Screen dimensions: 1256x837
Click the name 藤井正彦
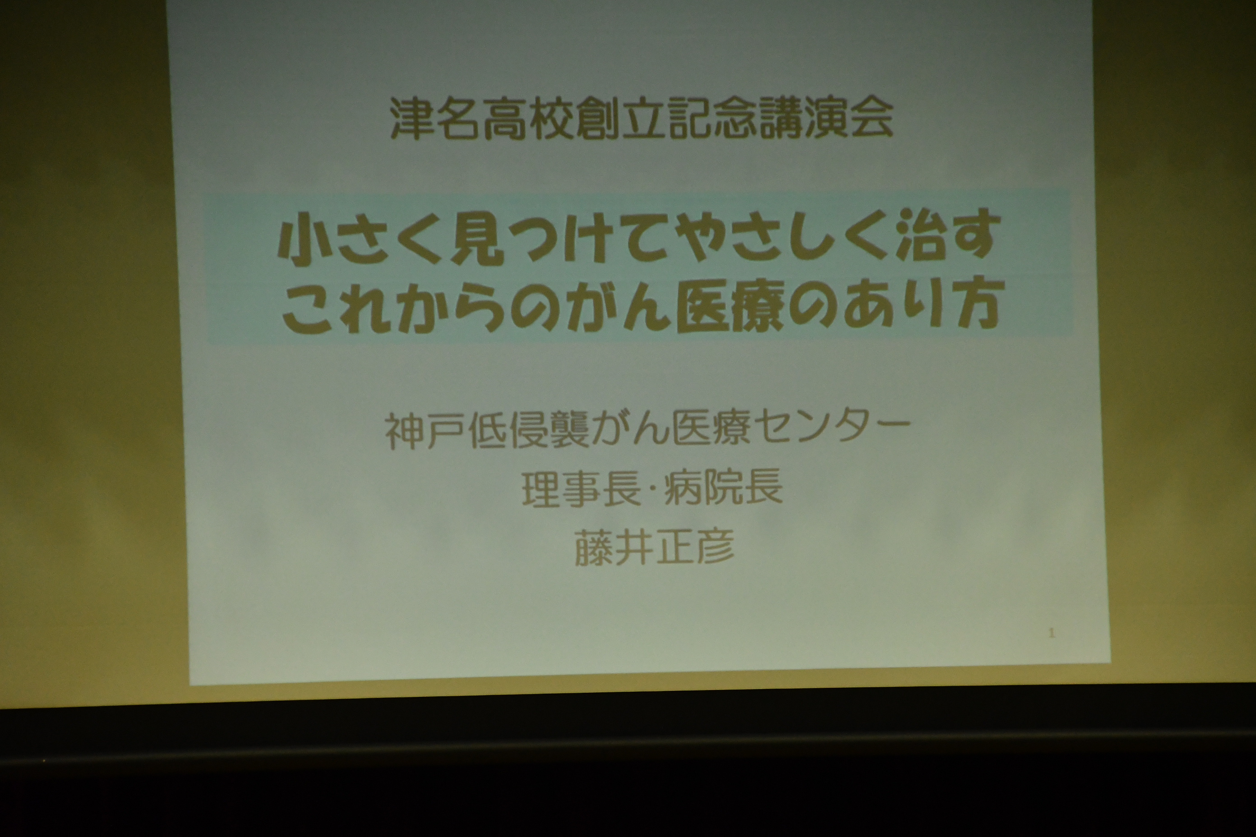point(654,547)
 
